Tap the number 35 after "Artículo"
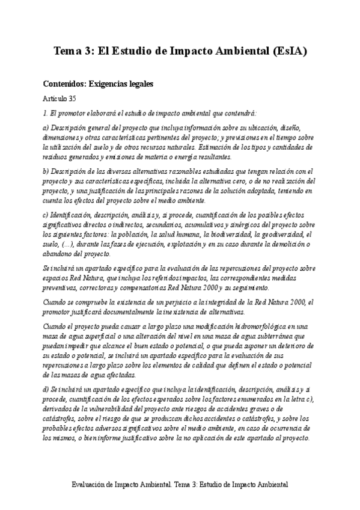(x=72, y=98)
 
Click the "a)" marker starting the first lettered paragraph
(x=46, y=127)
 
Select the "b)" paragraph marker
(x=46, y=171)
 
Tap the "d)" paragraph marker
(x=46, y=390)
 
